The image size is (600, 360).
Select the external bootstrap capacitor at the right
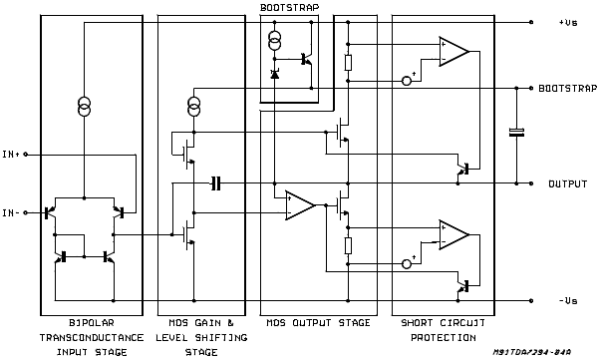516,133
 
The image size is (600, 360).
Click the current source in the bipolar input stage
85,106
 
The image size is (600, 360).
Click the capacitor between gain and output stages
215,183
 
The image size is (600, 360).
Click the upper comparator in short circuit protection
453,51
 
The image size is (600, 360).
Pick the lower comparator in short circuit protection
453,234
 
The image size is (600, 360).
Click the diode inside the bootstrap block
275,74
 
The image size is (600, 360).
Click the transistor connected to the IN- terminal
50,212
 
